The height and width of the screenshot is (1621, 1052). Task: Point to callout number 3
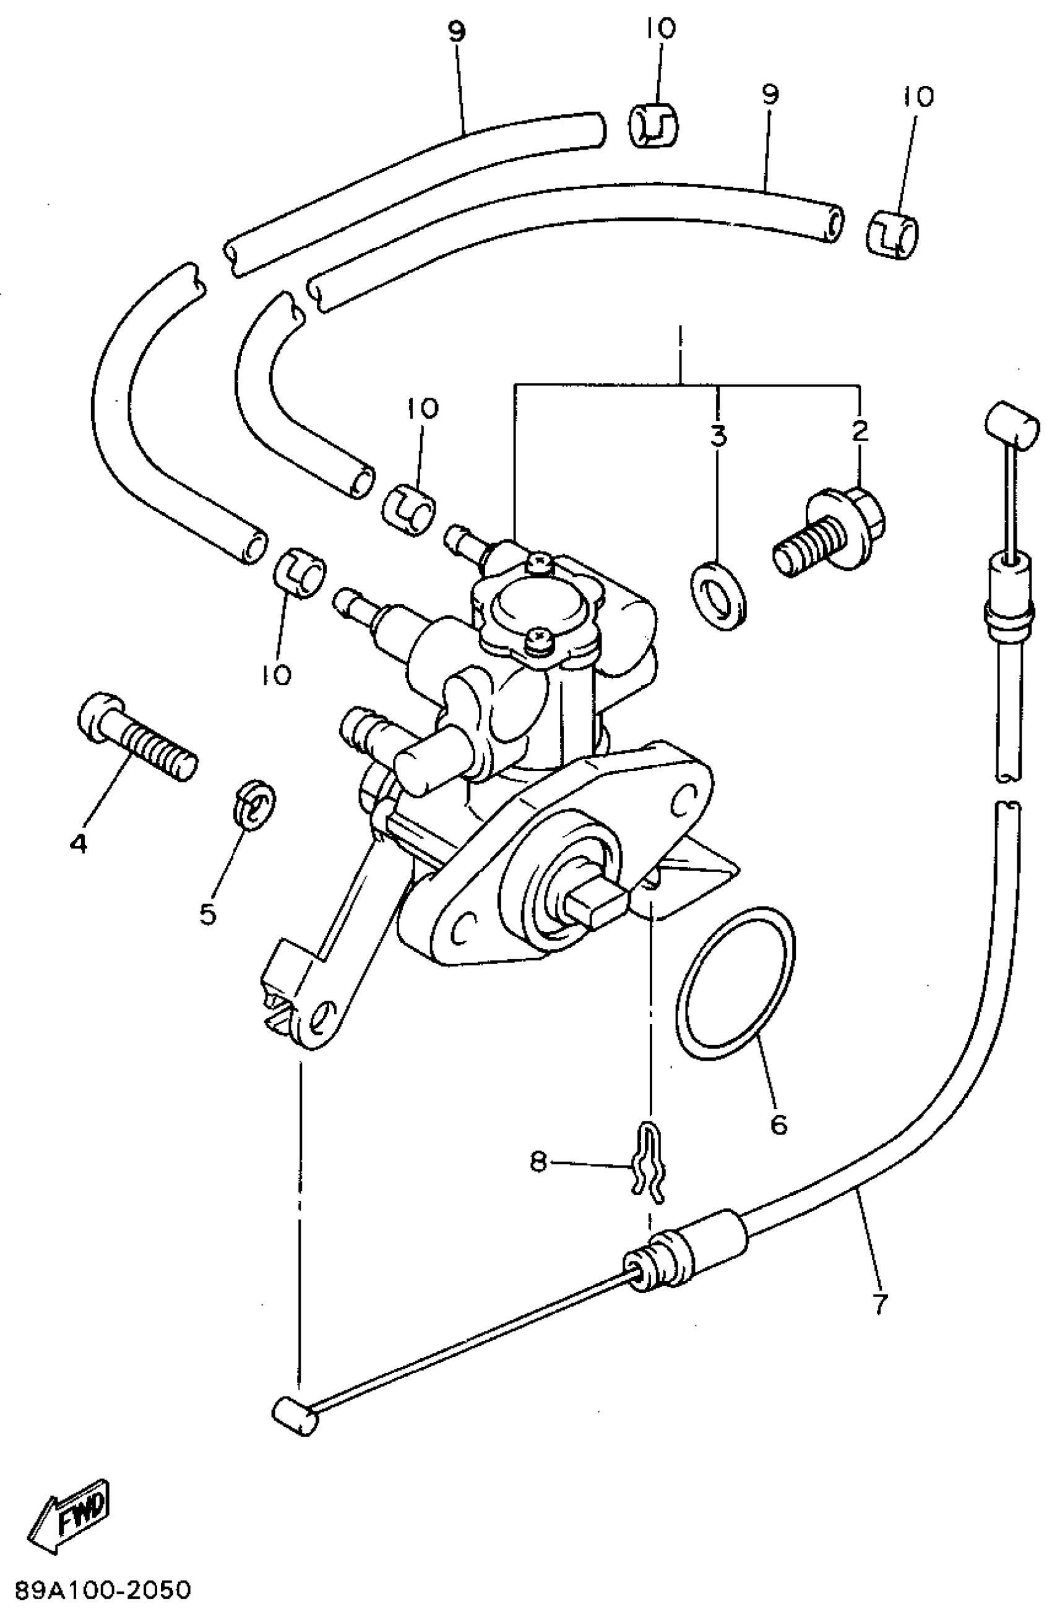[x=718, y=435]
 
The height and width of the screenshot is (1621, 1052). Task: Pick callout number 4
[x=79, y=845]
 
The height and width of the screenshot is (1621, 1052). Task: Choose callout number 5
[x=208, y=913]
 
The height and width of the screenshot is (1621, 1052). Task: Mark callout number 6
[x=778, y=1123]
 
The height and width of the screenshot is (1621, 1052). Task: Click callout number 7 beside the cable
[x=879, y=1304]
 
